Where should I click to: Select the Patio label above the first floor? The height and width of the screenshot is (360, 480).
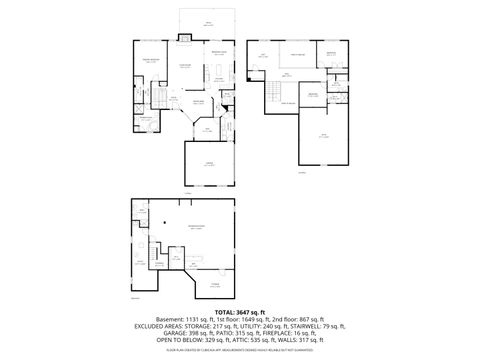pyautogui.click(x=208, y=22)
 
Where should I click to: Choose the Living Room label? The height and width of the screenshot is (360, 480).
pyautogui.click(x=185, y=67)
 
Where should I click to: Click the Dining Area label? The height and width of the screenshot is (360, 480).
pyautogui.click(x=198, y=101)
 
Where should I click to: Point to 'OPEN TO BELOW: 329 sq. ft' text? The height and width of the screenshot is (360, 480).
pyautogui.click(x=180, y=340)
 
